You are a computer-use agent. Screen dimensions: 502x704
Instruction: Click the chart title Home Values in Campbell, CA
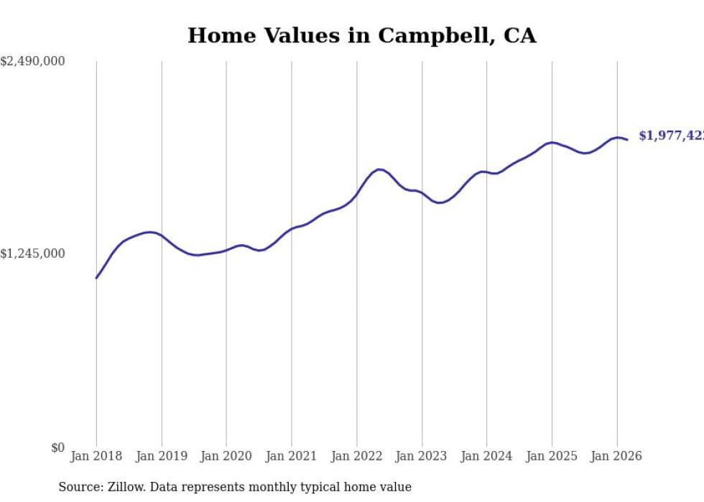[361, 35]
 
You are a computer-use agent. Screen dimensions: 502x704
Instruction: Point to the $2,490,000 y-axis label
[32, 62]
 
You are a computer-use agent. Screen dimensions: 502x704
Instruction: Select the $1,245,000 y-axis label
[32, 254]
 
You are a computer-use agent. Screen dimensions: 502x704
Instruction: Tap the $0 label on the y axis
[57, 447]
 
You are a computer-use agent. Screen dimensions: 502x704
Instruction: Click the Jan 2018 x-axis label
[96, 456]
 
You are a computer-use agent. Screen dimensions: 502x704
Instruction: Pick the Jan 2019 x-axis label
[162, 456]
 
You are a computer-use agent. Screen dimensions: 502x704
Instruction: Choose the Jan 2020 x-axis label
[226, 456]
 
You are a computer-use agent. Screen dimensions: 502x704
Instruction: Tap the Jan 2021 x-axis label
[292, 456]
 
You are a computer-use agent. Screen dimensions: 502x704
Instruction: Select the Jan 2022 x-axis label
[356, 456]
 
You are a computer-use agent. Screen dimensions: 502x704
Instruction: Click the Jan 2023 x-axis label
[422, 456]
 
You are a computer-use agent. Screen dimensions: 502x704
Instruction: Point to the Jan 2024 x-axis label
[486, 456]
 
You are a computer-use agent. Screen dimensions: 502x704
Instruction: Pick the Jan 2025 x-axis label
[552, 456]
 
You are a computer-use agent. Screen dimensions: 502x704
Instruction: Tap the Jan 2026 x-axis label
[616, 456]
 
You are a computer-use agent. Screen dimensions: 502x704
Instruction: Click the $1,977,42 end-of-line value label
[671, 136]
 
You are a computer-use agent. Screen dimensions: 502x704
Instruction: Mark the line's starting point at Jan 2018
[96, 278]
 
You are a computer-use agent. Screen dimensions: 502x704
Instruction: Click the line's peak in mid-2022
[379, 169]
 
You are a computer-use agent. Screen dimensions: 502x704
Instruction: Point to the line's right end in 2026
[628, 139]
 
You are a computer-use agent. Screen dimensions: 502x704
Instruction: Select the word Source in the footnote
[76, 487]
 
